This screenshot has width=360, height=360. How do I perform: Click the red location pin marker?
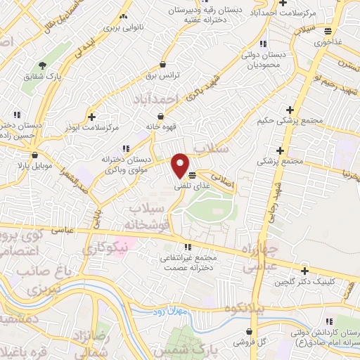tap(181, 165)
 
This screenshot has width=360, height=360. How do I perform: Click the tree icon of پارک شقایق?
tap(42, 65)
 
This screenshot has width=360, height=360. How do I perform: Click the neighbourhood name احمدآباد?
tap(158, 101)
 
